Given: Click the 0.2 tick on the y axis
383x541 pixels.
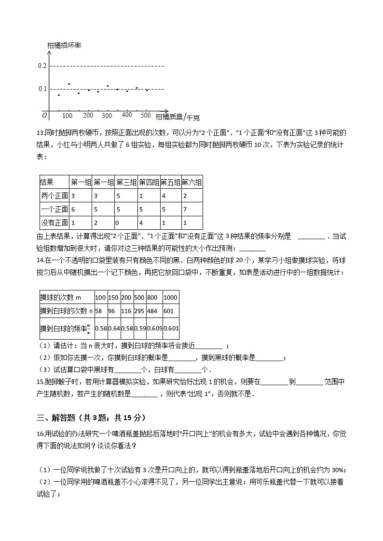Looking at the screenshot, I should pos(42,66).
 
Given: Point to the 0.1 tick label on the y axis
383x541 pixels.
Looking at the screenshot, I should pos(42,89).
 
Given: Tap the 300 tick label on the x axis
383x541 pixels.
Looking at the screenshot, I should pos(107,116).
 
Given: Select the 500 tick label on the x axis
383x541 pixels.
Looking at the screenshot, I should pos(146,115).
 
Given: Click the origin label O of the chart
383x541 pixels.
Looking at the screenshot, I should pos(44,115).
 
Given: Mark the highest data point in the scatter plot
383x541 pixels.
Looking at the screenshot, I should pos(69,84).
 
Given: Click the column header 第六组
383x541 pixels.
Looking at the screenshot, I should pos(191,182).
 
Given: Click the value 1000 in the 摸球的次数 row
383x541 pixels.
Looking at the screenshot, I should pos(171,298).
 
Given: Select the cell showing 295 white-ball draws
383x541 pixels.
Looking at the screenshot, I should pos(139,311).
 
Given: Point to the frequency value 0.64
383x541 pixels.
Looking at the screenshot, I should pos(114,329).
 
